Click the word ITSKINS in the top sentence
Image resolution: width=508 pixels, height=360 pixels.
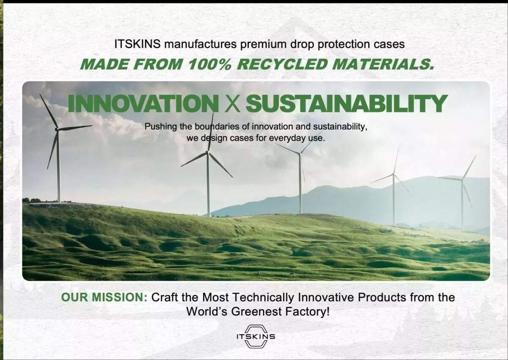[x=138, y=44]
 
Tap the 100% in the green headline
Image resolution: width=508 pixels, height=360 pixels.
[x=210, y=64]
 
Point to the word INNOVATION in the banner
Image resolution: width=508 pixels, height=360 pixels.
[x=143, y=103]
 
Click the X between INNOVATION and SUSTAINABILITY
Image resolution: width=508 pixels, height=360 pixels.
[x=232, y=104]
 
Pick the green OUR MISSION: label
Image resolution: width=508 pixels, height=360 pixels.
[x=104, y=297]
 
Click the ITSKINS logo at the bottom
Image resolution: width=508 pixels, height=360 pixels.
[x=256, y=336]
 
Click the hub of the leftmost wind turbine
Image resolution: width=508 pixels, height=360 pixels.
[x=57, y=129]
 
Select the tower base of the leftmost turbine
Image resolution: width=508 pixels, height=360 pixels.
[x=59, y=201]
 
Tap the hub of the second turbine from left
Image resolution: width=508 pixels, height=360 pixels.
[x=208, y=152]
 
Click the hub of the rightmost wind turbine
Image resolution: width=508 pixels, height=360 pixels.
[x=462, y=179]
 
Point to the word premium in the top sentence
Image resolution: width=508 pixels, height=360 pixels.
[x=263, y=44]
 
